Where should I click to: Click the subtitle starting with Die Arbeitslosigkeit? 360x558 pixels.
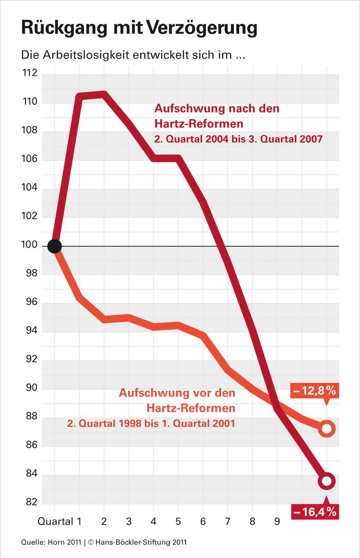tap(134, 55)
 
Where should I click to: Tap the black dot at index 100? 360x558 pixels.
tap(54, 246)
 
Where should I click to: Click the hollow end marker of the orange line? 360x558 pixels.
tap(327, 429)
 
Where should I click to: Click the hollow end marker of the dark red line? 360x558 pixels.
tap(327, 481)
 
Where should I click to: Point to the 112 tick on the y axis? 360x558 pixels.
tap(29, 74)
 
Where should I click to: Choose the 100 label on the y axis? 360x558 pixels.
tap(29, 246)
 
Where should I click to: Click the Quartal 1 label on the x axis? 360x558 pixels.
tap(66, 521)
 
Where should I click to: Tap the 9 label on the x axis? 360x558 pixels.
tap(277, 521)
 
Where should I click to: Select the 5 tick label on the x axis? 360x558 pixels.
tap(178, 521)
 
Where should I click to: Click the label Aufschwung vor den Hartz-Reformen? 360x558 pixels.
tap(177, 400)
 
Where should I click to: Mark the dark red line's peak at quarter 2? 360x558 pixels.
tap(104, 95)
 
